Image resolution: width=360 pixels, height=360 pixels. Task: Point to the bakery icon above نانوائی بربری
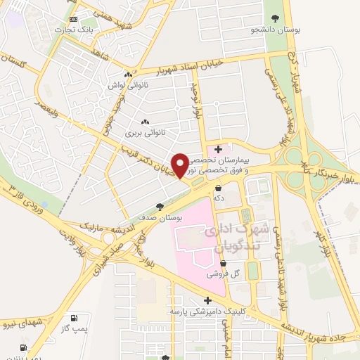(145, 120)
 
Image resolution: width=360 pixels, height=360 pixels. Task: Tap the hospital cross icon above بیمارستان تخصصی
(219, 149)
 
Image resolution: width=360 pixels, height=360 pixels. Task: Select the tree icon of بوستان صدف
(160, 207)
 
